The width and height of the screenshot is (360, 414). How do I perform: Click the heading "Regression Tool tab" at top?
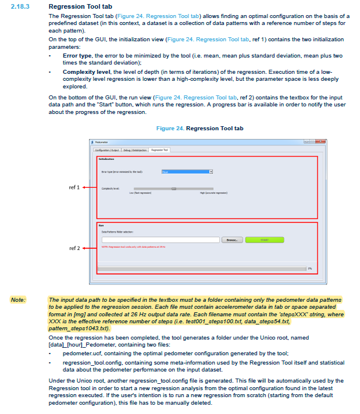[76, 6]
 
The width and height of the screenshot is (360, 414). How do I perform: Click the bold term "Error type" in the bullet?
[77, 55]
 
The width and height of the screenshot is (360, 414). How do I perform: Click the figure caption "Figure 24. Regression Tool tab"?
[201, 128]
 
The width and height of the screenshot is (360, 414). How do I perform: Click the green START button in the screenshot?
[265, 240]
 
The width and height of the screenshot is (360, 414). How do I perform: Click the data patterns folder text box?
[161, 240]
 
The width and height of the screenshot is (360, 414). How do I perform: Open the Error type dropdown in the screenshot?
[211, 172]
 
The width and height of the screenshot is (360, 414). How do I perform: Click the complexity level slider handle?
[173, 189]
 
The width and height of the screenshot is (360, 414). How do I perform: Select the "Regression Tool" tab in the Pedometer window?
[159, 150]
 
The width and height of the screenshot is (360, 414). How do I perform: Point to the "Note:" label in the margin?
[18, 299]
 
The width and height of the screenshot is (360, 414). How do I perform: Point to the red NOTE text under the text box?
[133, 247]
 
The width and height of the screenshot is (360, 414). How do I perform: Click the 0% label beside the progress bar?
[310, 269]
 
